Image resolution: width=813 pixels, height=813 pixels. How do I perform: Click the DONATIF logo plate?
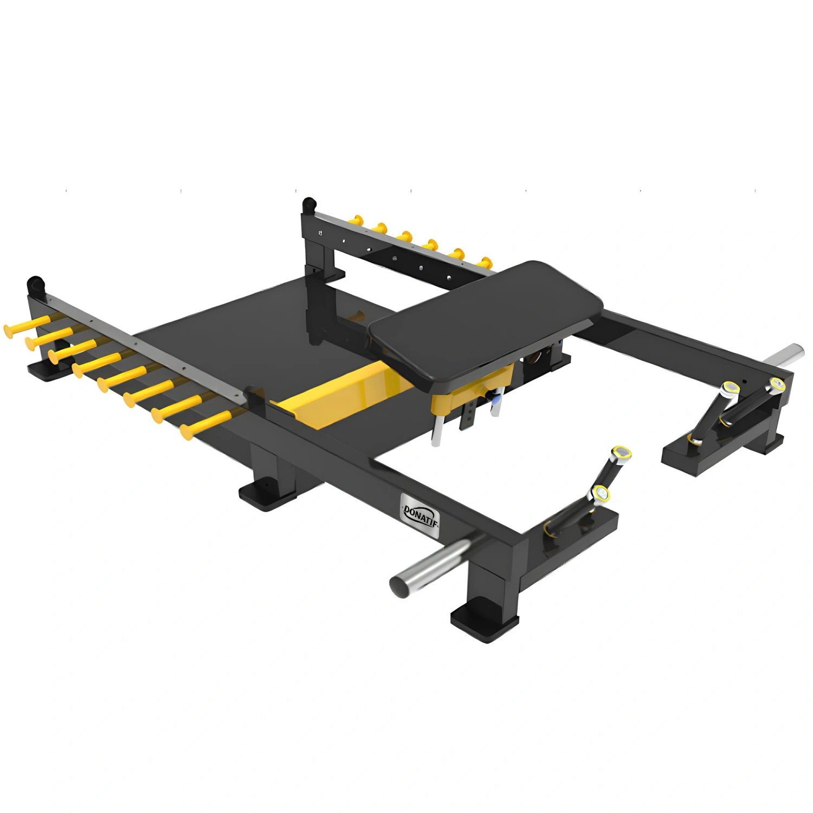point(420,514)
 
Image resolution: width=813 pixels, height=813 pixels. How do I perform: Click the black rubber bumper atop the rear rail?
point(309,205)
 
